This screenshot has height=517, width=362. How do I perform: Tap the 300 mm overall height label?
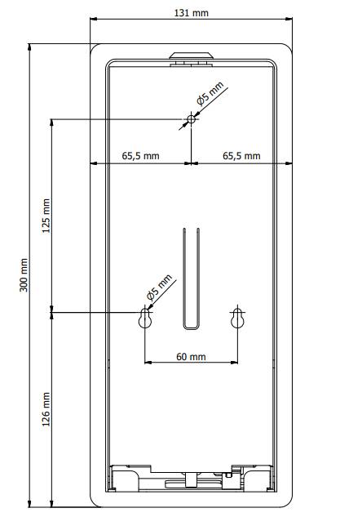24,275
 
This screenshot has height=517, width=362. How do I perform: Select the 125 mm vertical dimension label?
46,215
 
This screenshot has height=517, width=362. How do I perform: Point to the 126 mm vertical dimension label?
46,408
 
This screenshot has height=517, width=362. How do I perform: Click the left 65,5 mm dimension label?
140,155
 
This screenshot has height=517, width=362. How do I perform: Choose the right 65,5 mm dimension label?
241,155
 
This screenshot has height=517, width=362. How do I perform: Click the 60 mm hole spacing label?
191,357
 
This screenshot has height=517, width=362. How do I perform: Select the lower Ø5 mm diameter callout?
161,287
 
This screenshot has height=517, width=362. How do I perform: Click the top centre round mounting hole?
191,120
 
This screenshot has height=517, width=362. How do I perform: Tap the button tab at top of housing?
191,56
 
